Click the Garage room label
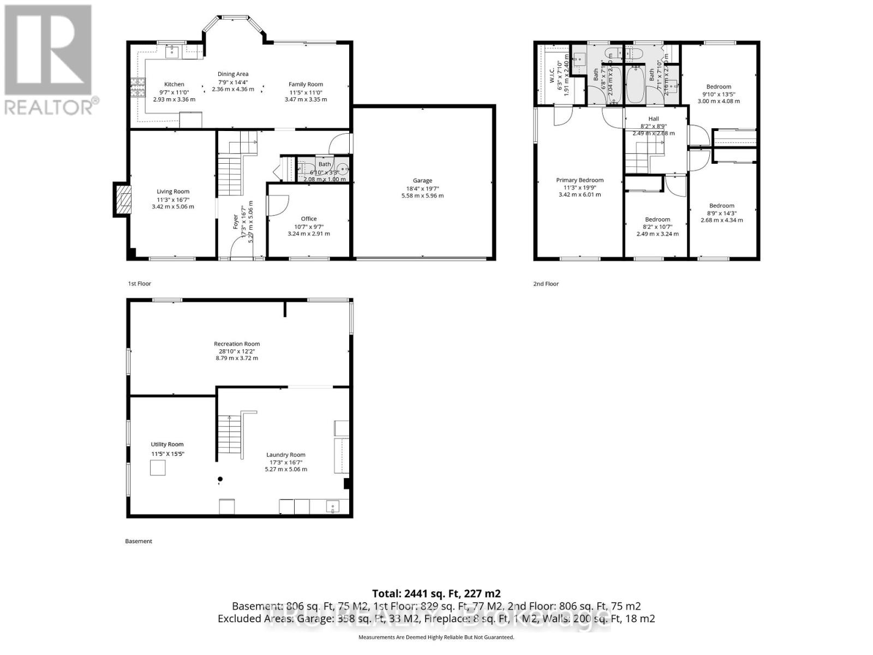click(422, 181)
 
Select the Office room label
click(309, 219)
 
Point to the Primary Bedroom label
click(579, 180)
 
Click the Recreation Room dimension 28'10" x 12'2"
click(236, 351)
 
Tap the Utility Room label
click(167, 444)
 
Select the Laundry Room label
click(286, 455)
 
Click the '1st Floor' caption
click(139, 284)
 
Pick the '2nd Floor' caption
click(546, 284)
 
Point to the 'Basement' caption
click(139, 541)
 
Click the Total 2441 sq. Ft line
click(436, 593)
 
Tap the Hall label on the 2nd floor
click(654, 119)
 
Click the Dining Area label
click(233, 74)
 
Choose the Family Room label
click(306, 85)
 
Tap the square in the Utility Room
click(158, 468)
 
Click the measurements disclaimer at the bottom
click(436, 637)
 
